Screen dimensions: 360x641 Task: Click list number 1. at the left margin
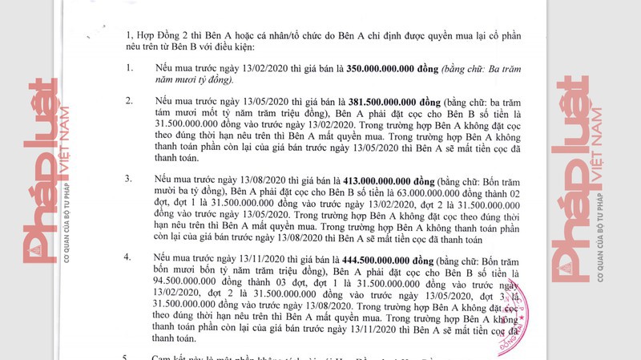click(x=128, y=69)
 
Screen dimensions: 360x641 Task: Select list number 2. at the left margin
click(x=128, y=103)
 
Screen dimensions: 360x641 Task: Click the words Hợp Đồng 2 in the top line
click(x=167, y=36)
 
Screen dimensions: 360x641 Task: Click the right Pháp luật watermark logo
click(x=583, y=176)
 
